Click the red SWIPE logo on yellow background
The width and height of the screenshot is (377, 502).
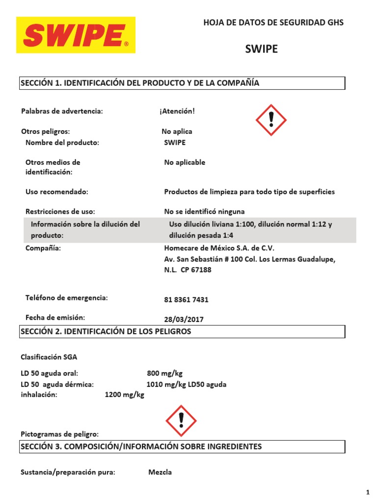click(x=76, y=35)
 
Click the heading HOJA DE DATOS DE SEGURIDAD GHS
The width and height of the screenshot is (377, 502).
click(x=273, y=23)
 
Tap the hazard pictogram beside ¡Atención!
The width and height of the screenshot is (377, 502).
click(x=271, y=120)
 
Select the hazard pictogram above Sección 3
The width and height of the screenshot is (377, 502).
click(x=181, y=421)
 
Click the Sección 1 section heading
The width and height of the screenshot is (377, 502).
click(x=140, y=83)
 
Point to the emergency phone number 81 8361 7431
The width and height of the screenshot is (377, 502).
click(x=183, y=300)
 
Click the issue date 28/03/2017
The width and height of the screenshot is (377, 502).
click(x=184, y=319)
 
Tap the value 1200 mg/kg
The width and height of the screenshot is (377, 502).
click(x=125, y=395)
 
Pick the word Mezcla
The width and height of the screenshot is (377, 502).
click(x=160, y=472)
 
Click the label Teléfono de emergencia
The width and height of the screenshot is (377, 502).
click(x=66, y=298)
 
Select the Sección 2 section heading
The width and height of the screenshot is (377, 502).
click(x=106, y=331)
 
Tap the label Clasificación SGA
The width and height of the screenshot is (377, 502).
click(x=49, y=356)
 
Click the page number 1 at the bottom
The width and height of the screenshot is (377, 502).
click(x=367, y=492)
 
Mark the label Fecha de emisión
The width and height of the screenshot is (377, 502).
click(x=55, y=317)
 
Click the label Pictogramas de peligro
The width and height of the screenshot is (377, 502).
click(x=60, y=434)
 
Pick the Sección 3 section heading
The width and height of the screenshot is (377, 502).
click(x=141, y=446)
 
